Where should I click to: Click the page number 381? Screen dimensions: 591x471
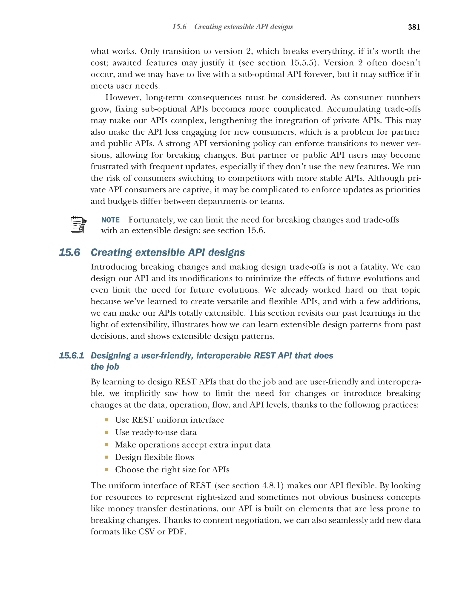tap(414, 27)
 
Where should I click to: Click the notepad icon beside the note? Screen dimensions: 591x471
tap(78, 225)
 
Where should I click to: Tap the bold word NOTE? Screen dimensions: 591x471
tap(110, 220)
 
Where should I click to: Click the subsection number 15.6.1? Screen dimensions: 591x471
tap(71, 355)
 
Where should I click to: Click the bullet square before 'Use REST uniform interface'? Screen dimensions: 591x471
tap(106, 420)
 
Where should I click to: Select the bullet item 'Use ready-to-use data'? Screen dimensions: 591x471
tap(156, 432)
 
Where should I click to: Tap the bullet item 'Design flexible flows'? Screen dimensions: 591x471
tap(154, 457)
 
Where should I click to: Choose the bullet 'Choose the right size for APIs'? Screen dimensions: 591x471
tap(172, 469)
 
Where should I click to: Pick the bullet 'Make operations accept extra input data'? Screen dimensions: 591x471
tap(193, 445)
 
